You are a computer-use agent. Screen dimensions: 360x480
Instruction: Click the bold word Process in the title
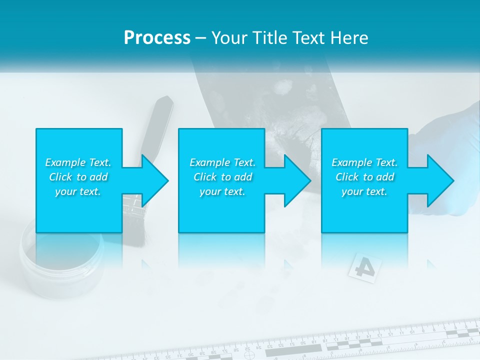[157, 37]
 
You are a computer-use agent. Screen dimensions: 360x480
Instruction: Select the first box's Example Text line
[78, 162]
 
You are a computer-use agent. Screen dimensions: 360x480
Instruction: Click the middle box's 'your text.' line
[222, 191]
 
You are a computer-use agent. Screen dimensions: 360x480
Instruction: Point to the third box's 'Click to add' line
[364, 177]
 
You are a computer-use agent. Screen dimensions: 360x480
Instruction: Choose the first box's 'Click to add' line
[78, 177]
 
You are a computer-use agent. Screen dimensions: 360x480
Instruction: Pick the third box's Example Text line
[364, 162]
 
